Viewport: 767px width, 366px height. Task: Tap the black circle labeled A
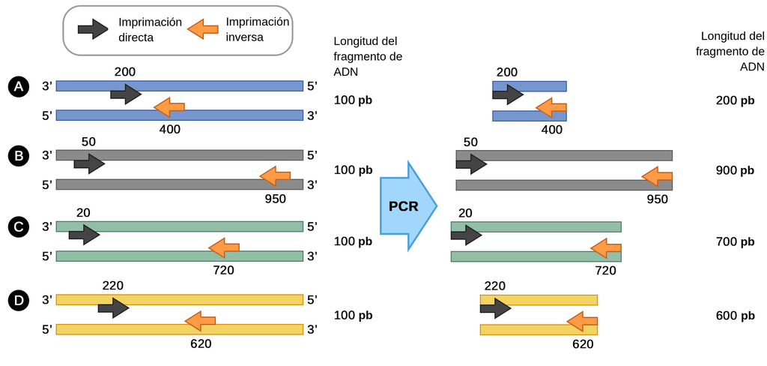[18, 87]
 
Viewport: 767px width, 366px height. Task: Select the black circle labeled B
[18, 157]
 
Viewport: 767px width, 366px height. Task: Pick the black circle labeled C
[18, 227]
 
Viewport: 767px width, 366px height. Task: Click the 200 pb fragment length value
[735, 100]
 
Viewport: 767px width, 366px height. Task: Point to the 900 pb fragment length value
[735, 170]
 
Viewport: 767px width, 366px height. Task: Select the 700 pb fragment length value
[735, 241]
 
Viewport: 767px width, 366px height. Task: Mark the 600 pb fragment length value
[735, 315]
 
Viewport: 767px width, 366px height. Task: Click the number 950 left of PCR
[276, 199]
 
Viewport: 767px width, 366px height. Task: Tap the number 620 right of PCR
[582, 344]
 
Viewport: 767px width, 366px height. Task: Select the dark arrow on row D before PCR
[113, 307]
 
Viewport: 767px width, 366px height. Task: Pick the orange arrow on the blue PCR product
[551, 109]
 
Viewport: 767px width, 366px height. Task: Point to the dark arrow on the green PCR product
[466, 235]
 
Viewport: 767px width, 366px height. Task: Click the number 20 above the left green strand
[83, 213]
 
